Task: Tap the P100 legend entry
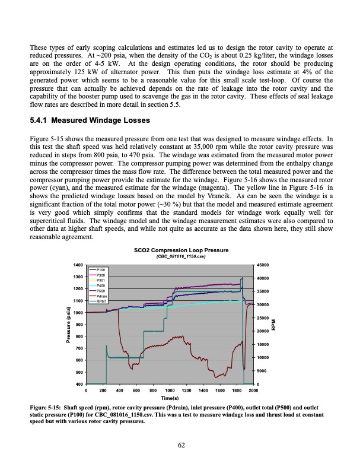coord(100,270)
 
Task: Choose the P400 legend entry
coord(100,286)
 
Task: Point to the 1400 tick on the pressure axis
coord(78,265)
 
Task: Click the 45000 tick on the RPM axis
coord(265,265)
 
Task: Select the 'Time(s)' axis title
coord(170,398)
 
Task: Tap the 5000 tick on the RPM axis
coord(263,371)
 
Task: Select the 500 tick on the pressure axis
coord(79,372)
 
